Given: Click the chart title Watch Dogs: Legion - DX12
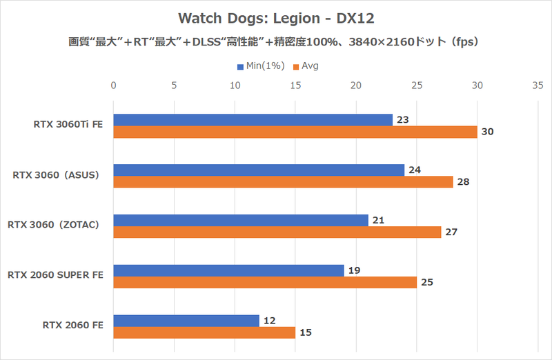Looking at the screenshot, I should pyautogui.click(x=275, y=17).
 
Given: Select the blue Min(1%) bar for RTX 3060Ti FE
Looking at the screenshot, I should pyautogui.click(x=253, y=120).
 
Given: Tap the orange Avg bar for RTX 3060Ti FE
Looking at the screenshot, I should pyautogui.click(x=295, y=132).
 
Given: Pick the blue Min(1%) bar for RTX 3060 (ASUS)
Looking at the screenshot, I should pyautogui.click(x=259, y=170).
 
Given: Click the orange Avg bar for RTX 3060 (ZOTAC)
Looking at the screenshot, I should pyautogui.click(x=277, y=232).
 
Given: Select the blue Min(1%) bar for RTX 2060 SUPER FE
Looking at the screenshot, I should pyautogui.click(x=228, y=270).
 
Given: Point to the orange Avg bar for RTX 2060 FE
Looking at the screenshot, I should pyautogui.click(x=204, y=332).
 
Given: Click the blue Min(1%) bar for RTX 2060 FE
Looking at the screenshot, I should pyautogui.click(x=186, y=320).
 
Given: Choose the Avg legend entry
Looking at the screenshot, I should pyautogui.click(x=306, y=66).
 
